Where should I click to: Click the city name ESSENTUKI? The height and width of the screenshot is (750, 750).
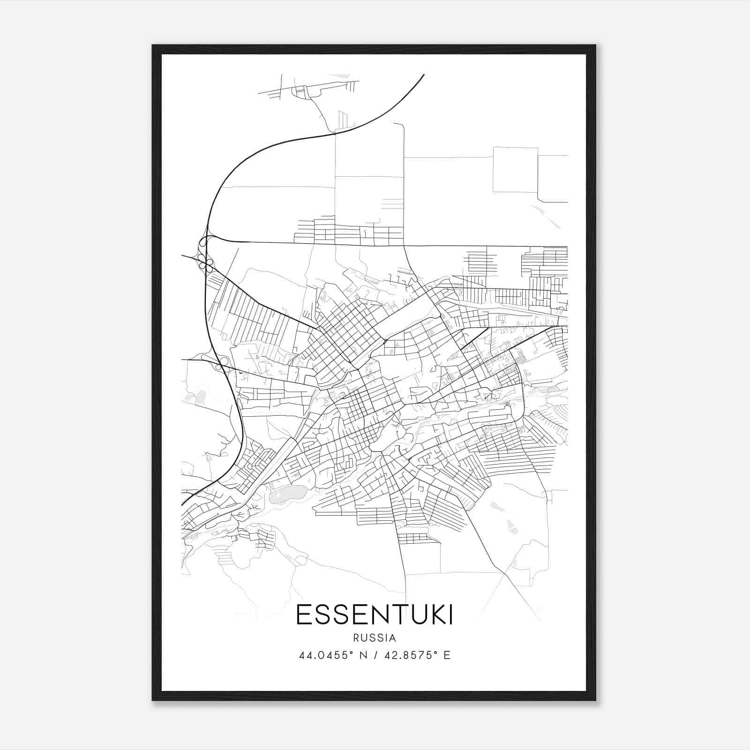click(x=375, y=615)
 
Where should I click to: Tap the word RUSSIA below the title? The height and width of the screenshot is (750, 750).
click(x=375, y=638)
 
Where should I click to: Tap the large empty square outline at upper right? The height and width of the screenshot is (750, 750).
click(x=515, y=170)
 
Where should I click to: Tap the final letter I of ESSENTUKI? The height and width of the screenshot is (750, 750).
click(x=450, y=615)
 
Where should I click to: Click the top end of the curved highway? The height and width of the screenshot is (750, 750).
click(x=423, y=75)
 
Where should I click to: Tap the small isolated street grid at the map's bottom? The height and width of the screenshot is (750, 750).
click(x=412, y=538)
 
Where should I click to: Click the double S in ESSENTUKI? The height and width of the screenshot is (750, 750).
click(x=334, y=615)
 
